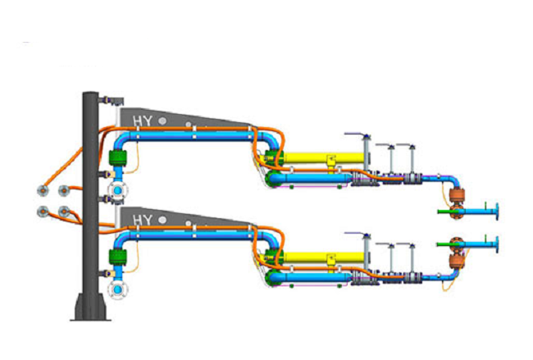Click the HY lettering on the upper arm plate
coord(143,121)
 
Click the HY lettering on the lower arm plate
coord(143,220)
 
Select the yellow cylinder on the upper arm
coord(323,157)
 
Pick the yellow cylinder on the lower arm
coord(323,257)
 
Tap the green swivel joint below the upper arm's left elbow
coord(117,158)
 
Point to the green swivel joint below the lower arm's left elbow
coord(117,257)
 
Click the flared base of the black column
coord(90,307)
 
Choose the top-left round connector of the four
coord(43,191)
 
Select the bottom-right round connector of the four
coord(64,212)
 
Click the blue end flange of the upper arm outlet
coord(497,212)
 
